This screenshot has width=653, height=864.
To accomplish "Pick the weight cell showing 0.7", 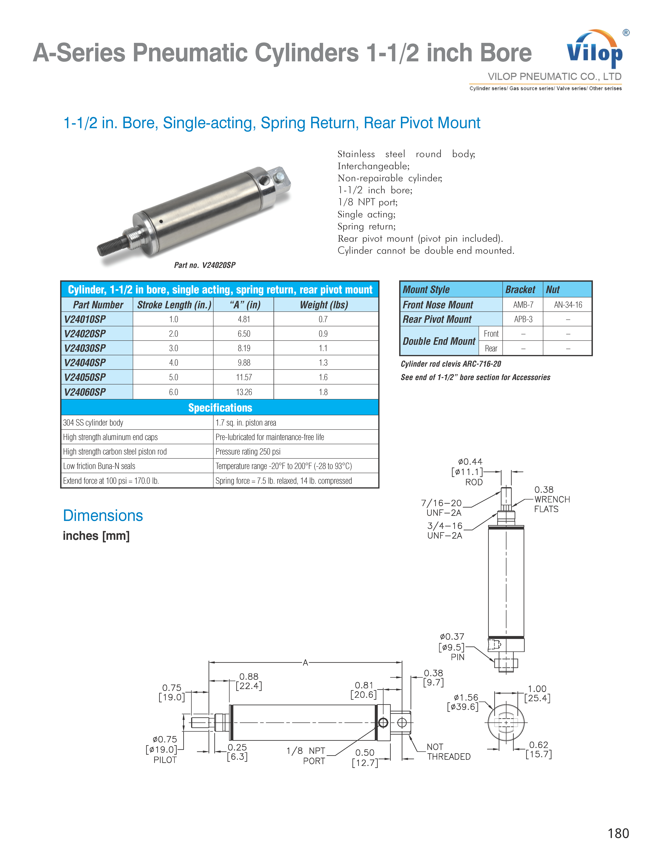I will click(x=323, y=319).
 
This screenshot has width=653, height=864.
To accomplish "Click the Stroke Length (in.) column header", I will click(x=174, y=305).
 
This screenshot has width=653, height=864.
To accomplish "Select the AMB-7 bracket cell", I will click(x=523, y=305).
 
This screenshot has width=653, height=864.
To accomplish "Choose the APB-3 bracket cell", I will click(x=523, y=319).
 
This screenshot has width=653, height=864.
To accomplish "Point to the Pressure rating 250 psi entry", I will click(x=248, y=452).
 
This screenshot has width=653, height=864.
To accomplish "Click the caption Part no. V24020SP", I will click(x=205, y=265).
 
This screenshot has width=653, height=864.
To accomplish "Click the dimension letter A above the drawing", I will click(x=305, y=662).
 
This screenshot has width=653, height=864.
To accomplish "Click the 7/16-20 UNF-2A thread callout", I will click(x=442, y=508).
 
